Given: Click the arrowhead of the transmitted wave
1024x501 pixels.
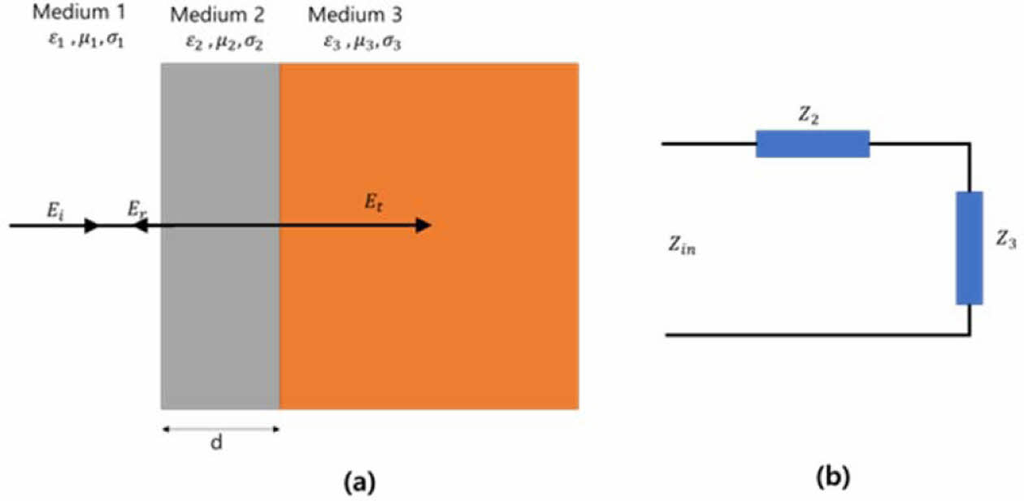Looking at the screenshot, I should [423, 226].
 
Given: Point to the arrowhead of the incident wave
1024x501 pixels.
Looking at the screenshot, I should [93, 226].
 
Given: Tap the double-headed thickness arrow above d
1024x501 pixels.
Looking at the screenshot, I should [220, 430].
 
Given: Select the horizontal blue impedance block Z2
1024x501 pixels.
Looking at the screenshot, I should [813, 144].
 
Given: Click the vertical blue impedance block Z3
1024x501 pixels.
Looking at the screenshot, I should [969, 248].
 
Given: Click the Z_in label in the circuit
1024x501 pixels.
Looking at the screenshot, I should [681, 248].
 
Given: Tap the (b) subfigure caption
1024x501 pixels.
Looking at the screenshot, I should [833, 478].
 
